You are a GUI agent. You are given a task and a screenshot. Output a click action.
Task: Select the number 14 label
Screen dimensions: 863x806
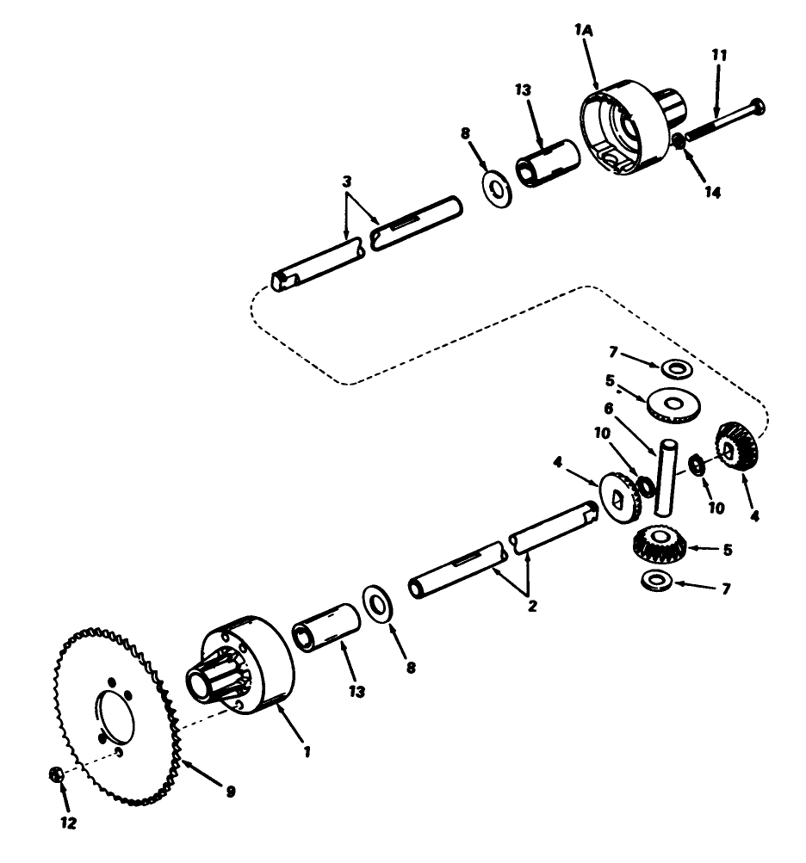(711, 193)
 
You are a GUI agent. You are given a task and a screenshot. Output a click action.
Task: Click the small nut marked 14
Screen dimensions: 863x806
(679, 140)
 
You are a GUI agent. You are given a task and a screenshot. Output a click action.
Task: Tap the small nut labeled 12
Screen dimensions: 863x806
(54, 774)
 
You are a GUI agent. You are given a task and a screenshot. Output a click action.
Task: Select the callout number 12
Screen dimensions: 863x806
(68, 823)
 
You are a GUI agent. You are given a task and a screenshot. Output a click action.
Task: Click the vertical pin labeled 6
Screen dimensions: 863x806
(664, 478)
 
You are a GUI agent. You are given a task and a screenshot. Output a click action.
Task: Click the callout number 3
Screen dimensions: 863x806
(347, 183)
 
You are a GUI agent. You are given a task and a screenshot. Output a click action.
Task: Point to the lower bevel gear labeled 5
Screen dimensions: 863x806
(658, 543)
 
